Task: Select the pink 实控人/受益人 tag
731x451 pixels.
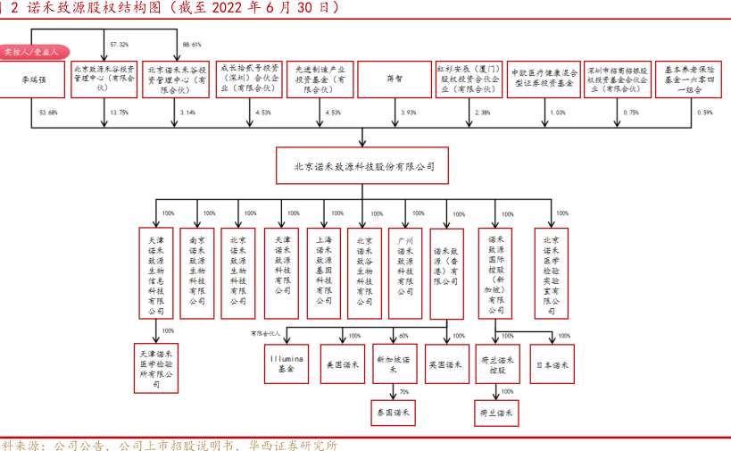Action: tap(31, 53)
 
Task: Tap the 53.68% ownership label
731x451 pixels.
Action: tap(48, 113)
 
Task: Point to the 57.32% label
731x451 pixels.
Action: tap(119, 44)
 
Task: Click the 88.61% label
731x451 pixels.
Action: tap(191, 44)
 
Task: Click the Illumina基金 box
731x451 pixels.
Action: tap(286, 363)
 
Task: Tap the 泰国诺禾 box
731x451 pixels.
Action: tap(394, 413)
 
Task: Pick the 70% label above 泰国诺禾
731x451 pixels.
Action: tap(404, 392)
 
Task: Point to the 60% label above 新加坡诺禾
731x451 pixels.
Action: tap(403, 336)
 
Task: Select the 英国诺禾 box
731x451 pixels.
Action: tap(444, 363)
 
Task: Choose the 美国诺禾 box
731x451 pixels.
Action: tap(342, 363)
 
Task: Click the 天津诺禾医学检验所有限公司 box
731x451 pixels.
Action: tap(156, 367)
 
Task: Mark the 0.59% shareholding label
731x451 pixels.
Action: tap(704, 113)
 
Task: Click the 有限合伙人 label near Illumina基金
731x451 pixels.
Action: tap(266, 332)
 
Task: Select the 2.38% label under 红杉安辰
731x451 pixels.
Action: tap(482, 113)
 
